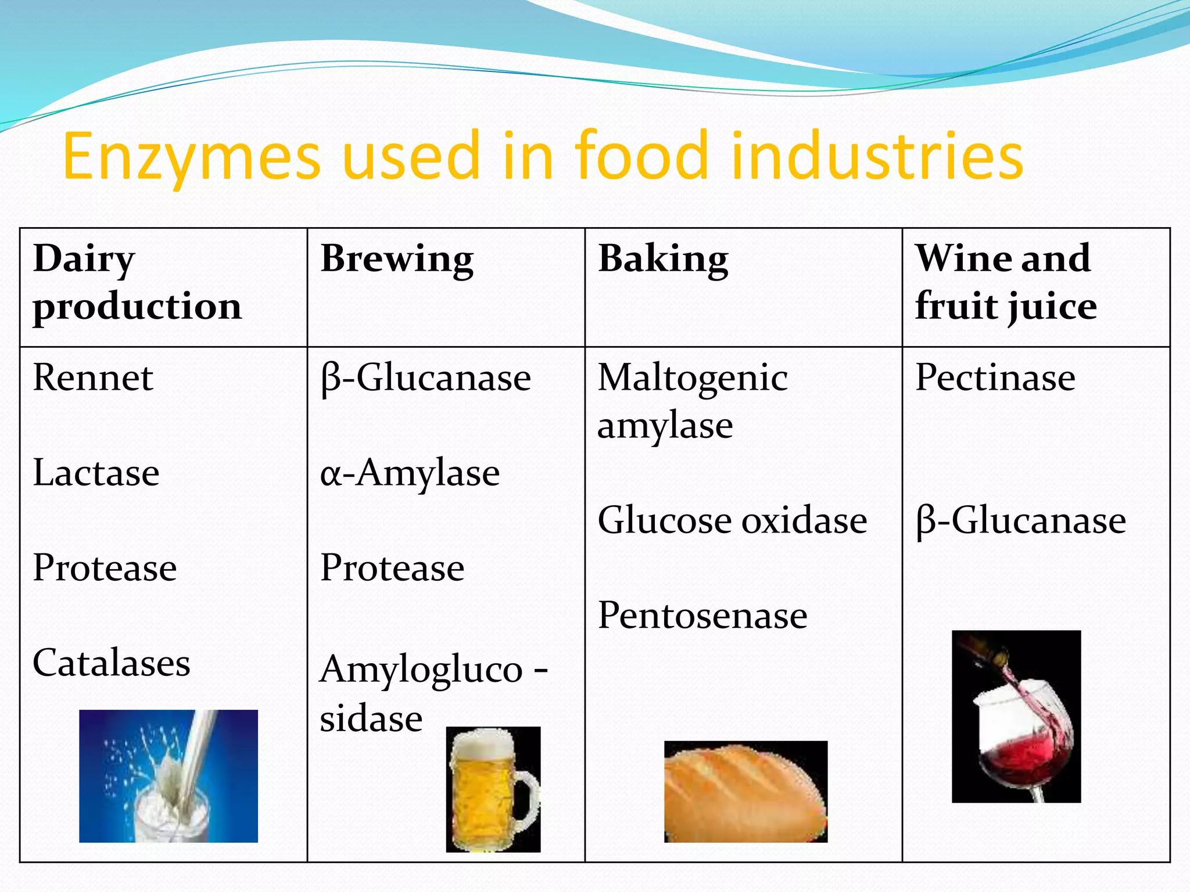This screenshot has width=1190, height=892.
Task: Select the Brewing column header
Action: [397, 259]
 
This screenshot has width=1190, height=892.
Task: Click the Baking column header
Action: [663, 259]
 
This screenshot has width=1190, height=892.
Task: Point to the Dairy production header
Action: [137, 282]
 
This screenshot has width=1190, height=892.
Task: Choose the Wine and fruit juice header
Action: [1006, 282]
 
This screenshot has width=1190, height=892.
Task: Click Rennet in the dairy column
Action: [93, 378]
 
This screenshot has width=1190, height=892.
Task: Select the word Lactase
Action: [96, 473]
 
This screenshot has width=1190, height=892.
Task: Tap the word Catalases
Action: [112, 663]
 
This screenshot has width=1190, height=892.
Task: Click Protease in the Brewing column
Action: [392, 568]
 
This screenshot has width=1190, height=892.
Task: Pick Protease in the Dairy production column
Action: [105, 568]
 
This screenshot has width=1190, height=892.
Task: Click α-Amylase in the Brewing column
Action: [410, 473]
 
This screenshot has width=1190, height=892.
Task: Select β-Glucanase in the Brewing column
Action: [425, 378]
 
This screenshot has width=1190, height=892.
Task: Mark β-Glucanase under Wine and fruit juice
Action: [1021, 520]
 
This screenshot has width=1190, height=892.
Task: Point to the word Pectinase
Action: [995, 378]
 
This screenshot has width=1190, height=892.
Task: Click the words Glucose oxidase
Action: [732, 520]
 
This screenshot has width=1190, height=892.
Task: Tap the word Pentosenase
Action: [702, 616]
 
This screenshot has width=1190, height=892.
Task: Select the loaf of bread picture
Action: [745, 792]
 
